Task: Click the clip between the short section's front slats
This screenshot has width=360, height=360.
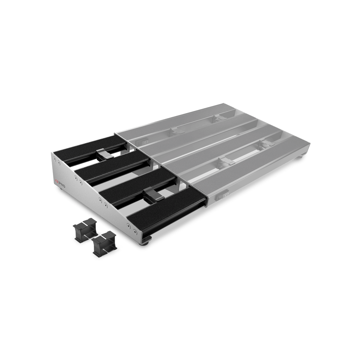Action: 152,195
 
